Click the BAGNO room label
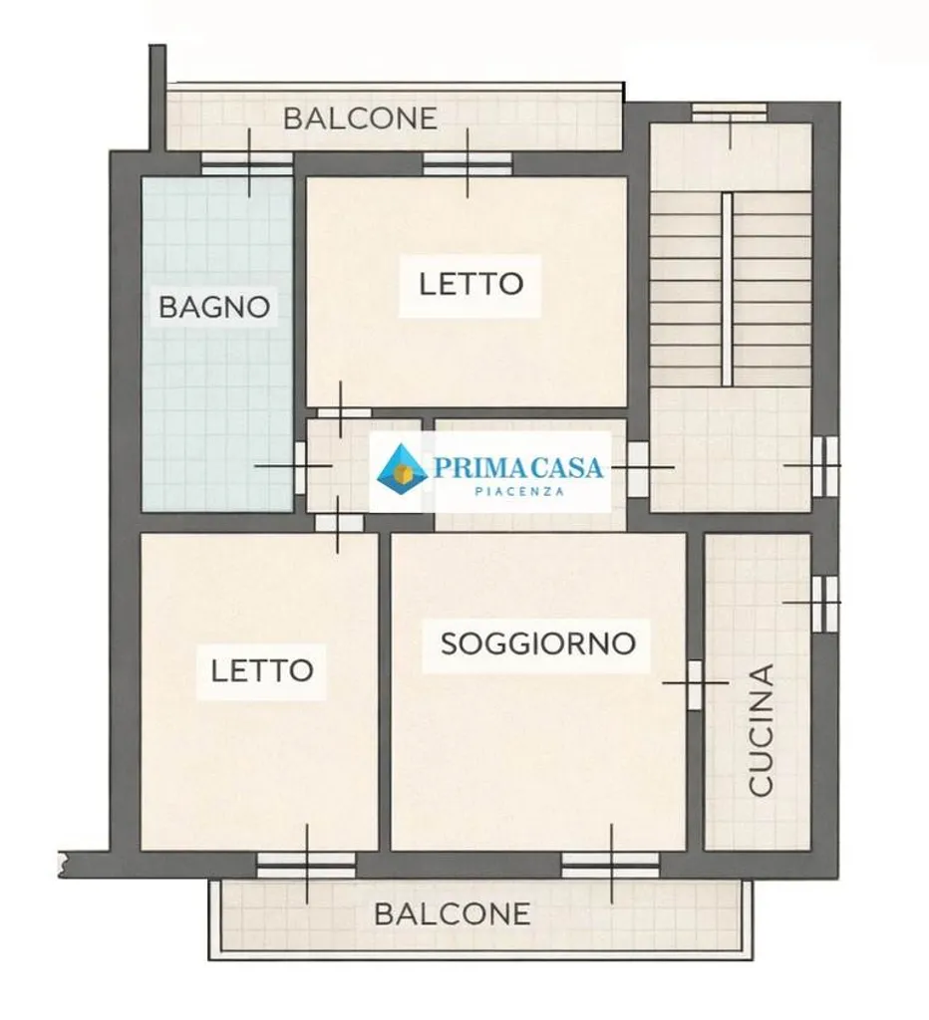click(214, 307)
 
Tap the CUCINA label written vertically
click(761, 730)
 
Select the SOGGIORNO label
click(537, 643)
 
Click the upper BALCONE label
click(360, 119)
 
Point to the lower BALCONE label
click(452, 914)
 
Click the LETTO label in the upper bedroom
click(470, 284)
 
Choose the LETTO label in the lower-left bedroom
click(262, 670)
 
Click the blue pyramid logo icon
click(403, 465)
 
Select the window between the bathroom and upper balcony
click(247, 164)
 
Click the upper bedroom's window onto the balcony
click(467, 164)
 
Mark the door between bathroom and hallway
click(300, 467)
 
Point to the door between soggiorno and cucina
click(695, 685)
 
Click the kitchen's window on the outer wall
click(825, 603)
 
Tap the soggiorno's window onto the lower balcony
click(611, 866)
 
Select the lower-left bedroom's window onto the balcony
click(307, 866)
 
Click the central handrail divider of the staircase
click(728, 290)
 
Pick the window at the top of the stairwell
click(729, 113)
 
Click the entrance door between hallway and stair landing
click(638, 468)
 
